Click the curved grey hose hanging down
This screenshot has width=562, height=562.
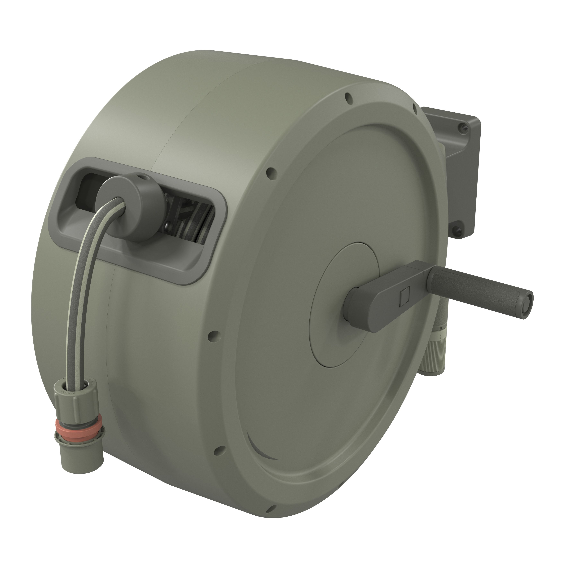click(x=84, y=279)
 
